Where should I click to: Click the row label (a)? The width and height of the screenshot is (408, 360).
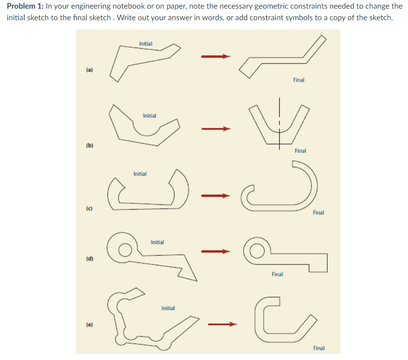point(89,70)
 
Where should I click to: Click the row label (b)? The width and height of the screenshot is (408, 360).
point(89,145)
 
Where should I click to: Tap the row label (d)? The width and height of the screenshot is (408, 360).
point(89,259)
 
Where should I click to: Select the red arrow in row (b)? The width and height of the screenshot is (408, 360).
point(216,129)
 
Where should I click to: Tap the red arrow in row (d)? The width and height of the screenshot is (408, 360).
point(216,250)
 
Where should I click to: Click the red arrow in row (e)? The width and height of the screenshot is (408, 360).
point(222,324)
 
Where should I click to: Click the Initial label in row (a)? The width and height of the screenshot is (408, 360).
point(146,44)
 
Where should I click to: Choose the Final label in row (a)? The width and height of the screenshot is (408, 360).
point(298,80)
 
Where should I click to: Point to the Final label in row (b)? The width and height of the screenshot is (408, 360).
point(300,151)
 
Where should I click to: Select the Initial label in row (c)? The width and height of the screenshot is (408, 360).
point(140,174)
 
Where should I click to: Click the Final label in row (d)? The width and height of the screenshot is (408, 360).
point(277,274)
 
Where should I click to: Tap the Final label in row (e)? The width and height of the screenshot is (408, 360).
point(319,348)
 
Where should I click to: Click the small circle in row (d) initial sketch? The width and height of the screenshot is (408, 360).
point(124,249)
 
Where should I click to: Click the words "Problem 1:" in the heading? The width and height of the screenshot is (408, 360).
point(25,6)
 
